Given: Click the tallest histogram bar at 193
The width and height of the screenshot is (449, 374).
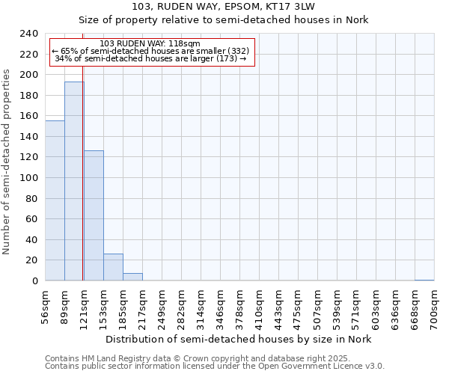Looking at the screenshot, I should (74, 181).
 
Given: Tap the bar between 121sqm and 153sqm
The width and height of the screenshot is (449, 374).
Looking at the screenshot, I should (94, 215).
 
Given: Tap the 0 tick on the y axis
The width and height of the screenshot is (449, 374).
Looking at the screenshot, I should (34, 281).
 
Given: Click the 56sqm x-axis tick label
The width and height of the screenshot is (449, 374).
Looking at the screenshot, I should (46, 307).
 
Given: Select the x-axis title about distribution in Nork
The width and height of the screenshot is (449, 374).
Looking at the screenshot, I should (238, 339).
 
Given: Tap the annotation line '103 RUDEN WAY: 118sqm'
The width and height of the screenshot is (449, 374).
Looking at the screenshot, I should (150, 44).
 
